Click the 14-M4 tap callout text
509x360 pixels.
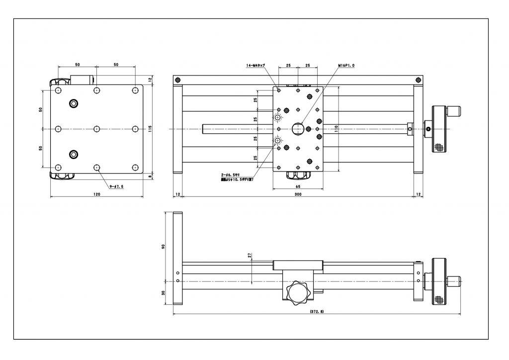pyautogui.click(x=255, y=65)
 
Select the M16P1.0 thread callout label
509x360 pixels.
pyautogui.click(x=346, y=65)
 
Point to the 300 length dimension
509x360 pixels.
pyautogui.click(x=298, y=194)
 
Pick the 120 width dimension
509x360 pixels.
pyautogui.click(x=97, y=194)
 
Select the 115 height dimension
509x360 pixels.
pyautogui.click(x=150, y=128)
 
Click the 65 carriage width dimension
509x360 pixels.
pyautogui.click(x=297, y=186)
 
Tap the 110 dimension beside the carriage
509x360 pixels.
pyautogui.click(x=337, y=128)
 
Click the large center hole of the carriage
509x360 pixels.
pyautogui.click(x=297, y=129)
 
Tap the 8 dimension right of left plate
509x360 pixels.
pyautogui.click(x=150, y=176)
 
